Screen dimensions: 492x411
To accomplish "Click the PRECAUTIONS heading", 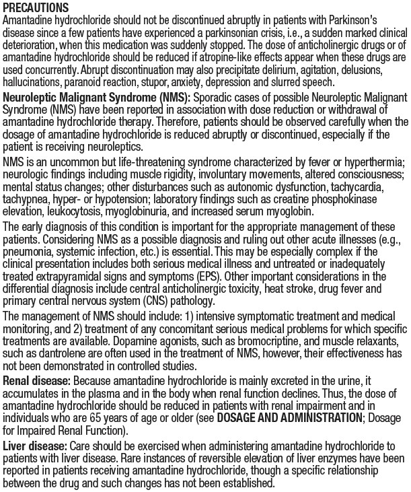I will [36, 7].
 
